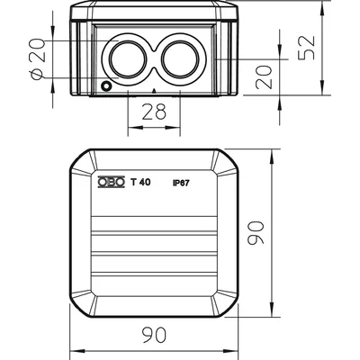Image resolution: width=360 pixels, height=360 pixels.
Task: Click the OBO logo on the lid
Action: tap(111, 182)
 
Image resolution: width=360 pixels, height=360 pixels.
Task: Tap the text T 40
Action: tap(140, 182)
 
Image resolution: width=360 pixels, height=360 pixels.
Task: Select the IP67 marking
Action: tap(181, 183)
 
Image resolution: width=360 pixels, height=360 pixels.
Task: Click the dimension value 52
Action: tap(307, 48)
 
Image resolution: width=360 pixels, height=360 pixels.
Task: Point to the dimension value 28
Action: tap(154, 112)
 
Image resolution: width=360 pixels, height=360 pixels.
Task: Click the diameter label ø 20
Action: tap(38, 59)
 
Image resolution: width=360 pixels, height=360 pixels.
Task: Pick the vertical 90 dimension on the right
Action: tap(256, 232)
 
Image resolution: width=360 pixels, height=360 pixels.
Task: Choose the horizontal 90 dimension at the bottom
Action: tap(154, 335)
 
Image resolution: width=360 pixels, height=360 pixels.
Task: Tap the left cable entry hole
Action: tap(128, 58)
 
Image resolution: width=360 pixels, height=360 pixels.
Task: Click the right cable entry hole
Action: tap(180, 58)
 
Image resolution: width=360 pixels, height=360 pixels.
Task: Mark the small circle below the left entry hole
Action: tap(106, 86)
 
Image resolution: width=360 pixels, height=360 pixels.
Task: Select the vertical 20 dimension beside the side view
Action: tap(264, 77)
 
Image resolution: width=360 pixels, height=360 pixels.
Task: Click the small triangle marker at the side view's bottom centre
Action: tap(154, 90)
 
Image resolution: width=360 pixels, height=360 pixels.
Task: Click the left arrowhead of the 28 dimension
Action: tap(134, 128)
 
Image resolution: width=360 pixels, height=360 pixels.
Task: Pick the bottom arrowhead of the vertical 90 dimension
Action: tap(272, 310)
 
